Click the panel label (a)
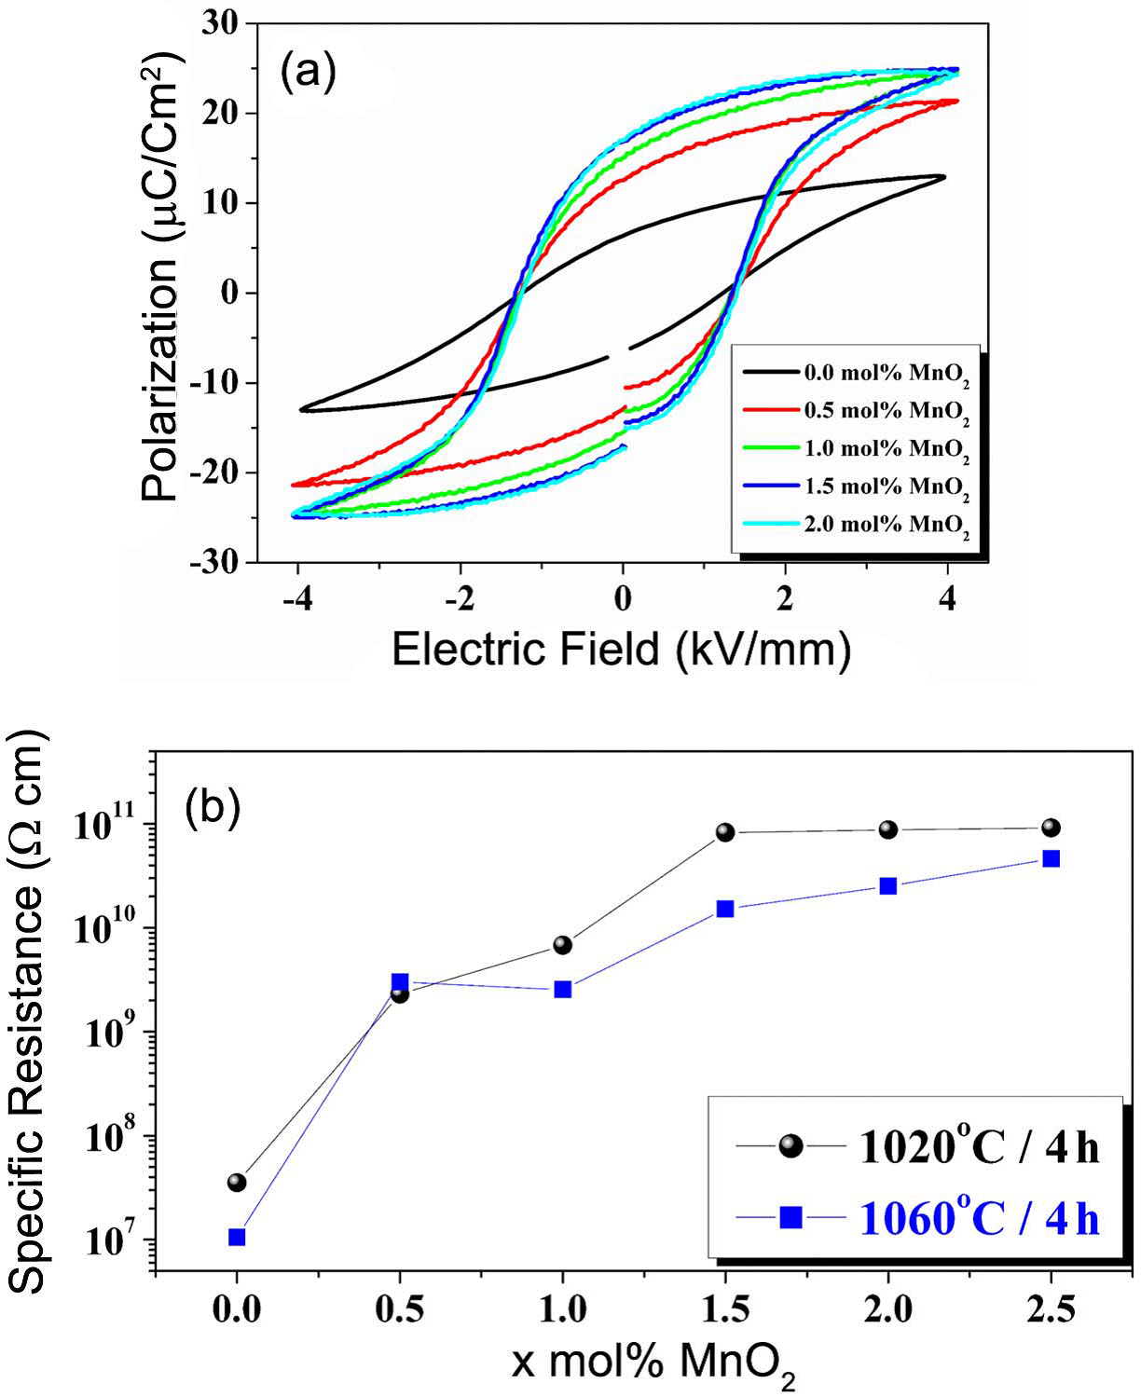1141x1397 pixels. point(308,73)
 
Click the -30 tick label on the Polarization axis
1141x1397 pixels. point(213,562)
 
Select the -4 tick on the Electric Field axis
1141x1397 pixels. point(296,598)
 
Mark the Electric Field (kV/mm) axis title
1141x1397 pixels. point(622,649)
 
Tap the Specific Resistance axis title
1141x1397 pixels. point(28,1011)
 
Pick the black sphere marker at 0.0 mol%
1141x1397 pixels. point(237,1183)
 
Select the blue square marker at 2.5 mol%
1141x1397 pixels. point(1051,858)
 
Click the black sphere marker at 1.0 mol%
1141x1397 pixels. point(562,945)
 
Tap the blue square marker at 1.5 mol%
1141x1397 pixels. point(725,909)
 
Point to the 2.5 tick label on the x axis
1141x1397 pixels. point(1051,1309)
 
